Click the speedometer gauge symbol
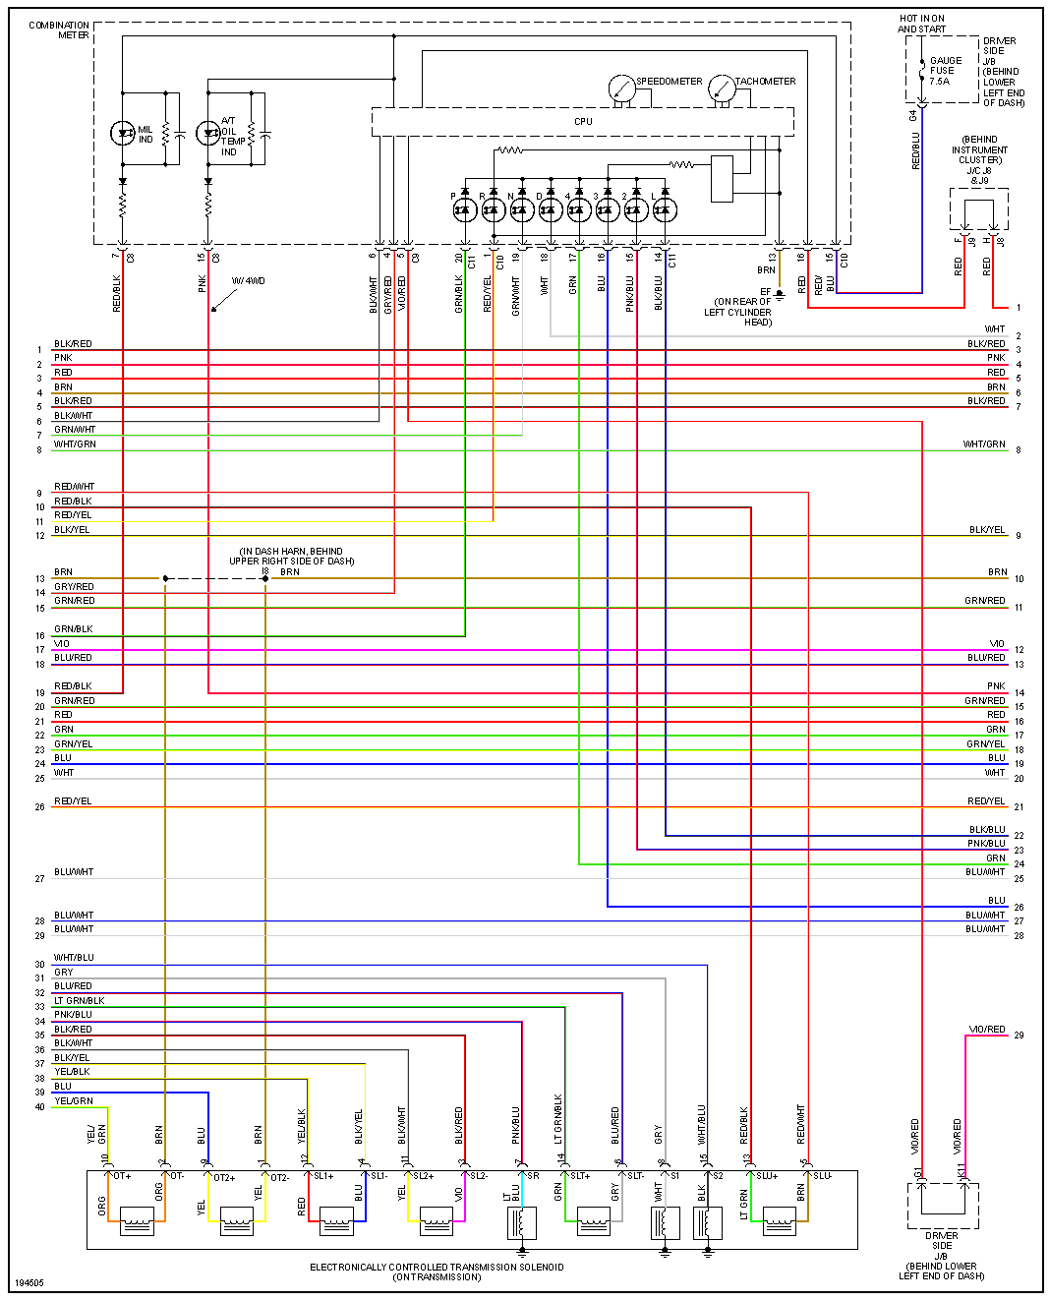(x=621, y=89)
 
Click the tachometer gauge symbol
(x=722, y=89)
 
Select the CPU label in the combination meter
(x=583, y=122)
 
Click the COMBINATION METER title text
(x=60, y=30)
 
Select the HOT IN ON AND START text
(x=921, y=24)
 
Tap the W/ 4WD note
(x=248, y=281)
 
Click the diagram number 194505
(x=29, y=1283)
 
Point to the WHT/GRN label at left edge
(x=75, y=444)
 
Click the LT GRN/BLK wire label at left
(x=80, y=1001)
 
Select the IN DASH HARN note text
(x=291, y=557)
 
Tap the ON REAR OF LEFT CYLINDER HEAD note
(x=738, y=312)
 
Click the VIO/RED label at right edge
(x=987, y=1030)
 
